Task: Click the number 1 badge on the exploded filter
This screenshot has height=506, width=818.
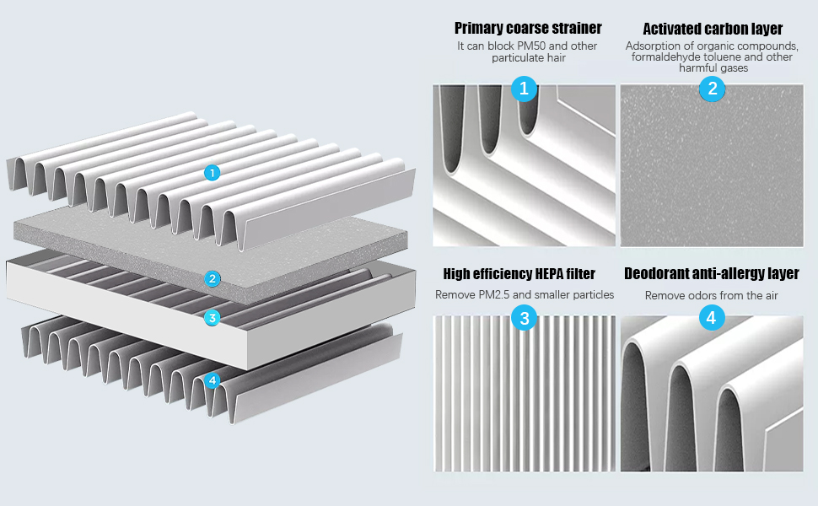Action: pos(213,173)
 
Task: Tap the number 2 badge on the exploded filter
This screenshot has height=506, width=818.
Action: pos(213,278)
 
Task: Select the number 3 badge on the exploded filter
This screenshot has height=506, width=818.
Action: pos(213,318)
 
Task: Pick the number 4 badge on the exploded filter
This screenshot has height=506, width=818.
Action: pos(213,381)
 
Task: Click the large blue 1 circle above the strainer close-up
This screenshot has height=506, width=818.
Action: pos(524,88)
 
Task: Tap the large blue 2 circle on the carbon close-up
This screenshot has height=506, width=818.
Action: pos(713,88)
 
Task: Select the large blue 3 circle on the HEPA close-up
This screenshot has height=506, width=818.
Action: pos(524,318)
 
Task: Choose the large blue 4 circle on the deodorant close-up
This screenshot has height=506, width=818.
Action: pos(713,318)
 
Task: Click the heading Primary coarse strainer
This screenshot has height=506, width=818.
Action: pos(528,29)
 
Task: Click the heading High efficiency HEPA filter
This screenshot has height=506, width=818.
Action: pos(519,274)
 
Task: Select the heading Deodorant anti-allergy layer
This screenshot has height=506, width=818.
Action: pos(712,274)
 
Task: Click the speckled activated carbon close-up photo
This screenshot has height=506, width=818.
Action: pos(713,169)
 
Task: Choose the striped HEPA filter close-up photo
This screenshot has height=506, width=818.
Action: pos(524,396)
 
